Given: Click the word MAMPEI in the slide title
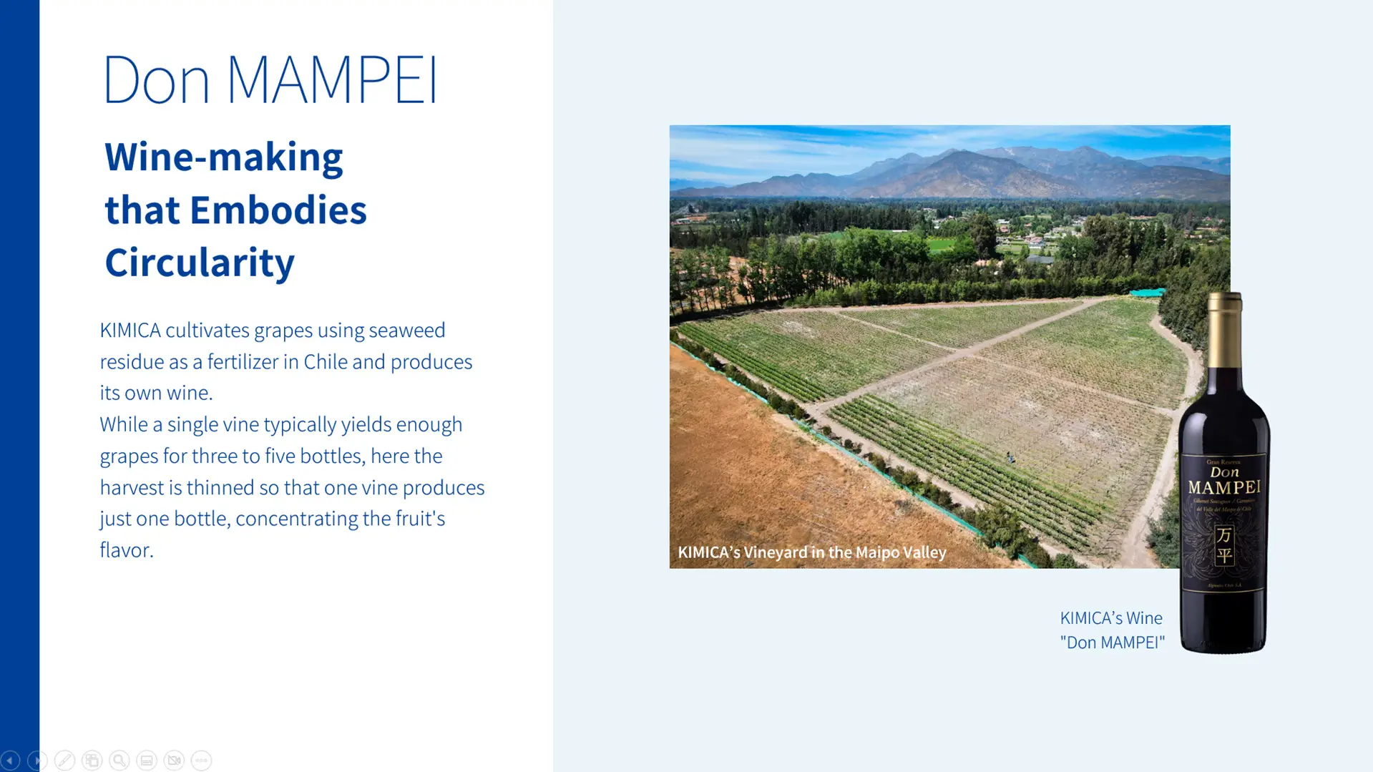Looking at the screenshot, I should [332, 79].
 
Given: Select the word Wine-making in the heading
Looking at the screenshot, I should [223, 157].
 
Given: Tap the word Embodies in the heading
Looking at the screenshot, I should [278, 210].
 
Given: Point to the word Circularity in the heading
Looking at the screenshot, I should [200, 262].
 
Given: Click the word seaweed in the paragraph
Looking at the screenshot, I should [406, 330].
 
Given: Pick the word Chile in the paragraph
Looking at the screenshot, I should [325, 361].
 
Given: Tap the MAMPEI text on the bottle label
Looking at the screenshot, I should [1224, 487].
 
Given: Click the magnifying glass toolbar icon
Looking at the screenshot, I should [119, 760].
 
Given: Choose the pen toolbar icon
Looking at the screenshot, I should [64, 760].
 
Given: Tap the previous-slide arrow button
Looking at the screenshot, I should [10, 760].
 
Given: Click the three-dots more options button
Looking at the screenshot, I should [201, 760].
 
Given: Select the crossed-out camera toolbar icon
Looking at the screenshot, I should [174, 760].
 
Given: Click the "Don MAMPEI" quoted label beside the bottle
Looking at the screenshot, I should [1112, 642].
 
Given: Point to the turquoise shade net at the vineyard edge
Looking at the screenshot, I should [1147, 292].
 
